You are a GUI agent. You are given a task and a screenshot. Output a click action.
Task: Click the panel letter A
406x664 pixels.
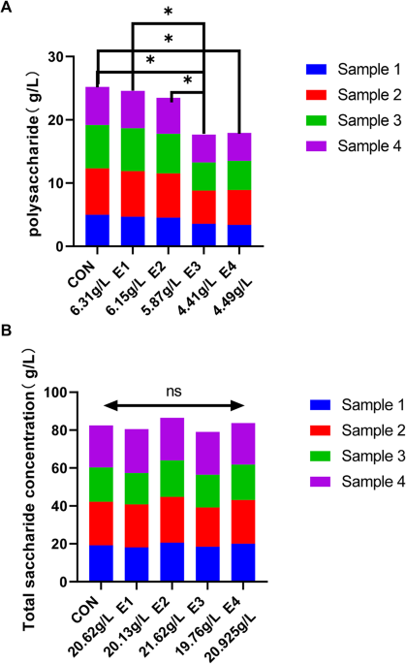[8, 8]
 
